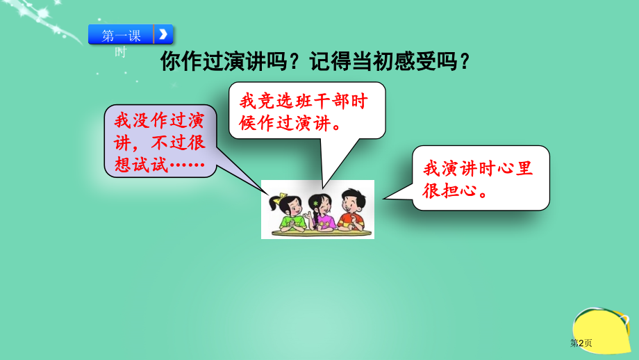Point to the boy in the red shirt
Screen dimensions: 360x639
point(351,211)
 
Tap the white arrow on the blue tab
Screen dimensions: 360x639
point(163,34)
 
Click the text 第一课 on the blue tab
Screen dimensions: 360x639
point(121,35)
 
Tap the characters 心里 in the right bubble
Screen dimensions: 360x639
point(515,168)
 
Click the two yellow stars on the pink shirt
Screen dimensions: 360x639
point(323,220)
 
